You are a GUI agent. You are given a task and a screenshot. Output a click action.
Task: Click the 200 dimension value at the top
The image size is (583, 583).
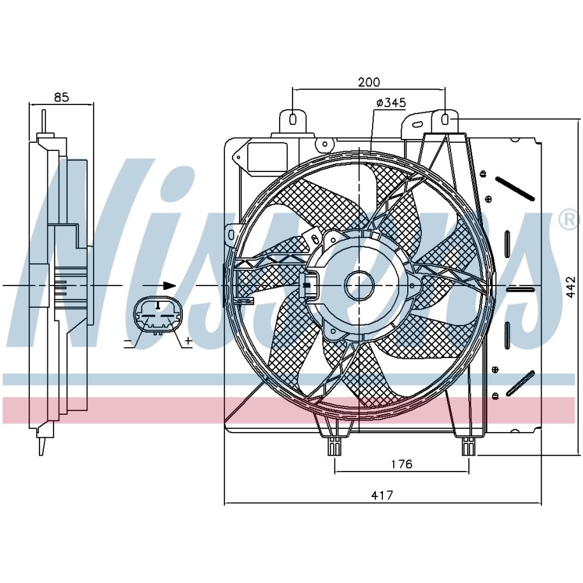click(x=368, y=82)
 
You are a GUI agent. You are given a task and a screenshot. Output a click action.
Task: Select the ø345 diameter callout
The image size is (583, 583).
click(x=391, y=103)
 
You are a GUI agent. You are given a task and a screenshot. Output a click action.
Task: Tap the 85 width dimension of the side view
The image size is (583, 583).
click(x=61, y=97)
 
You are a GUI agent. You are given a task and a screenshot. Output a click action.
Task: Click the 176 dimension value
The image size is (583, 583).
click(x=401, y=464)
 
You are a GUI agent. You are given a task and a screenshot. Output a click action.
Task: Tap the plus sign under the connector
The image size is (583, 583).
click(x=188, y=343)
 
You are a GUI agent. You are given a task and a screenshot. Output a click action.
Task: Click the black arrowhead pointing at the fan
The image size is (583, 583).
click(x=169, y=285)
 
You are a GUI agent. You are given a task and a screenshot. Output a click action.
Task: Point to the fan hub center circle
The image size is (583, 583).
click(x=359, y=285)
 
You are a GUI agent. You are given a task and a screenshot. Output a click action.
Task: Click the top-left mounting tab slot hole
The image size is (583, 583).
click(x=293, y=119)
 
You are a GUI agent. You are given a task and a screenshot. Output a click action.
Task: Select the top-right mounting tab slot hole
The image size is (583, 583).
click(x=445, y=119)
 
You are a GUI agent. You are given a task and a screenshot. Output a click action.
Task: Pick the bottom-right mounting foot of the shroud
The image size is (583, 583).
click(x=468, y=447)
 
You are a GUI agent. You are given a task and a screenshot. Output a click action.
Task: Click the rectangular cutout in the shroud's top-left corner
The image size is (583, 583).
click(x=268, y=155)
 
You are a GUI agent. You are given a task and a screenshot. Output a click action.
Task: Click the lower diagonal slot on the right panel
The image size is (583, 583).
click(x=519, y=384)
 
